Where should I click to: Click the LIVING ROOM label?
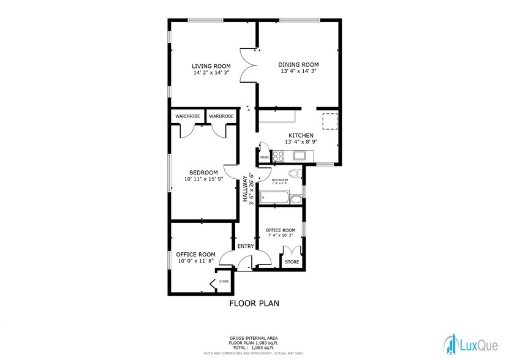(x=211, y=66)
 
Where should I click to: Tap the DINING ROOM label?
(x=298, y=64)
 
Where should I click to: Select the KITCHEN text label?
(x=301, y=135)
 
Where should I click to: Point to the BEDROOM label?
(x=203, y=172)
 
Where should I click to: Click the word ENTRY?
(x=246, y=246)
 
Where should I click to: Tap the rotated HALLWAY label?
(x=244, y=189)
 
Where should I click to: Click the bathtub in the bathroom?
(x=274, y=198)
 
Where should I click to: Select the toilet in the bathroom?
(x=294, y=174)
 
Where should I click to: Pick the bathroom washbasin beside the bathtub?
(x=295, y=199)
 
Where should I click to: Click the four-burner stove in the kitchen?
(x=277, y=156)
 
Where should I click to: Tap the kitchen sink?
(x=298, y=156)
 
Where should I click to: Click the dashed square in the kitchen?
(x=330, y=121)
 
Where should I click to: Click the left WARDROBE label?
(x=187, y=116)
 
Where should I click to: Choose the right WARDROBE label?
(x=221, y=116)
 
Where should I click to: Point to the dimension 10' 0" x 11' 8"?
(x=196, y=261)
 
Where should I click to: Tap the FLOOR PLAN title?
(x=254, y=303)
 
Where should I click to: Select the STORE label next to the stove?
(x=265, y=157)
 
